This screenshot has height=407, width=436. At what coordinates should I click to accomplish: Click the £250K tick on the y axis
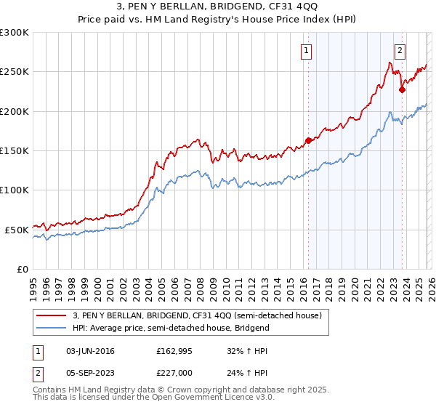tap(15, 72)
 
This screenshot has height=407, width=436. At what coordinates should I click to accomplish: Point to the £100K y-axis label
tap(15, 190)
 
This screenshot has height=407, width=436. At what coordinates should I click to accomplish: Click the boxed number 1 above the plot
tap(307, 51)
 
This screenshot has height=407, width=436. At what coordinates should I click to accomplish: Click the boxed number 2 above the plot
tap(400, 51)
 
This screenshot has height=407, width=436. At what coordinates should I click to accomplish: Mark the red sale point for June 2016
tap(308, 140)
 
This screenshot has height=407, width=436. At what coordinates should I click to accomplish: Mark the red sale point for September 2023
tap(401, 90)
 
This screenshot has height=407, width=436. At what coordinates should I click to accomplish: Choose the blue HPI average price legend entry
tap(171, 328)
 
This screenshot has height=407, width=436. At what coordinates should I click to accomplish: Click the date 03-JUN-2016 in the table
tap(90, 351)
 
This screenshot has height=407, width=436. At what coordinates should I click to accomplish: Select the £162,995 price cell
tap(175, 351)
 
